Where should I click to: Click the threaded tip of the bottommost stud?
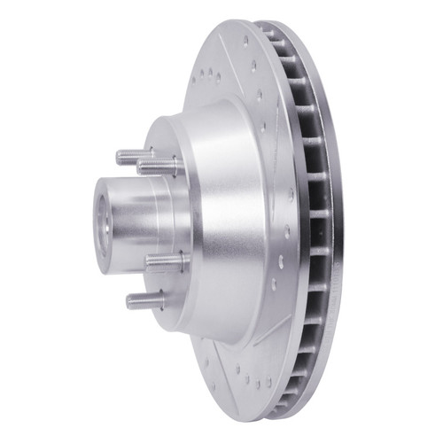pos(130,301)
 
